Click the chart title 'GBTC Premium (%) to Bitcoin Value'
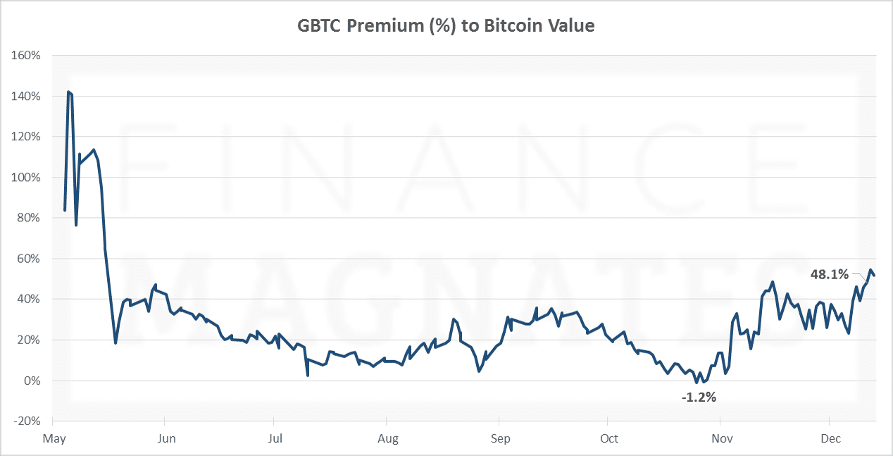point(446,26)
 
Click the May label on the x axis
point(54,439)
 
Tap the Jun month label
point(166,439)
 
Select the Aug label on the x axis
point(388,439)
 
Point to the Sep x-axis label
point(501,439)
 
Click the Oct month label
point(609,439)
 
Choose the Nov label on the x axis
point(722,439)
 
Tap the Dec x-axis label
point(832,439)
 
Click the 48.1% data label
point(830,275)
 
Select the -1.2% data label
point(699,398)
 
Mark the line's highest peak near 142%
point(68,92)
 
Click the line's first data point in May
point(65,210)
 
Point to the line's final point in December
point(875,275)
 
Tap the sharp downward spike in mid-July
point(308,375)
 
